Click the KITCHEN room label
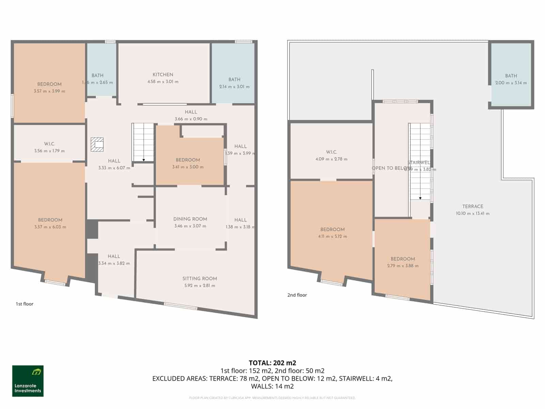coord(163,75)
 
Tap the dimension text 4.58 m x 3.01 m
coord(163,82)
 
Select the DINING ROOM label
coord(190,219)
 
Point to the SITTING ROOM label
coord(200,278)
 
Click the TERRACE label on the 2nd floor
coord(473,206)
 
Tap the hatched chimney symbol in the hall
coord(97,144)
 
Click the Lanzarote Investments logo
coord(28,381)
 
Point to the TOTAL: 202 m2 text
coord(272,363)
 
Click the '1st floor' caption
coord(25,304)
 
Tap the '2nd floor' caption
coord(297,295)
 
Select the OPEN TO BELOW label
coord(390,168)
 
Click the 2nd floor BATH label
coord(511,76)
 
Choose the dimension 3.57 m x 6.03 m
coord(50,227)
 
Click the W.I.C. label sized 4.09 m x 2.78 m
coord(331,152)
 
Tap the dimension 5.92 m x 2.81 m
coord(200,286)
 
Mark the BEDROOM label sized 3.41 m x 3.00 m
coord(188,160)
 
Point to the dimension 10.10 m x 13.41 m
coord(473,214)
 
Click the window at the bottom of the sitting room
coord(181,306)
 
